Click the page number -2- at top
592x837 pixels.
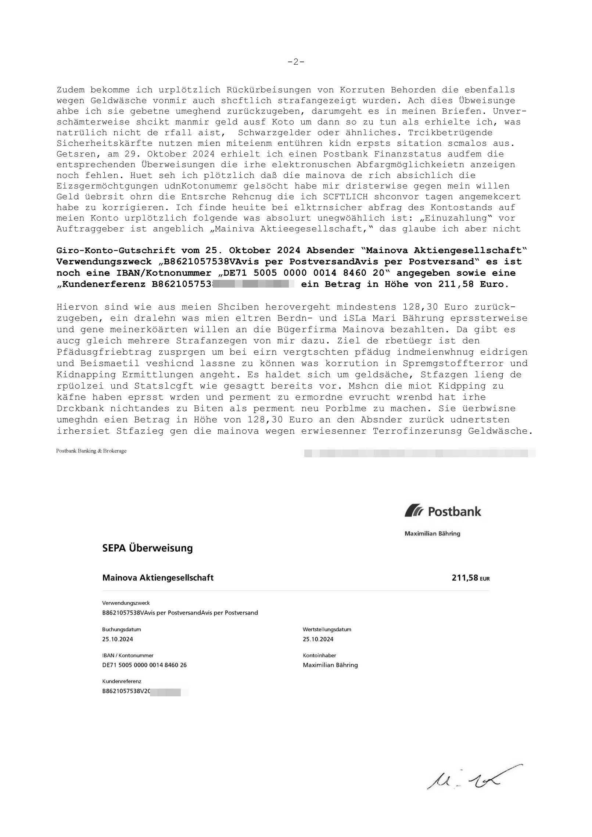click(x=296, y=62)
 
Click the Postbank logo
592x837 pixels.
click(x=443, y=512)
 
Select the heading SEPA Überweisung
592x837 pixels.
click(x=147, y=548)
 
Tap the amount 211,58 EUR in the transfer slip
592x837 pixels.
click(x=470, y=578)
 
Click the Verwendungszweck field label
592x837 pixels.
click(x=126, y=603)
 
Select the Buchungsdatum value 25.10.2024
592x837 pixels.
click(x=118, y=639)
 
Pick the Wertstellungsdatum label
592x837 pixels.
click(x=327, y=629)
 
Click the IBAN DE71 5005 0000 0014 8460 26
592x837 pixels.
click(x=144, y=665)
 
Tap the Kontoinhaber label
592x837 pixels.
click(x=319, y=656)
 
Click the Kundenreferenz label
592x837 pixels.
click(x=122, y=681)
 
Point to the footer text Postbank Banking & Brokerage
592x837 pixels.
click(x=91, y=451)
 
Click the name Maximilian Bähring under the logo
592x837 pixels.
click(x=432, y=534)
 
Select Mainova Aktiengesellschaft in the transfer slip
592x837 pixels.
click(x=158, y=578)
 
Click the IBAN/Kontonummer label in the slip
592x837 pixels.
click(x=128, y=656)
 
